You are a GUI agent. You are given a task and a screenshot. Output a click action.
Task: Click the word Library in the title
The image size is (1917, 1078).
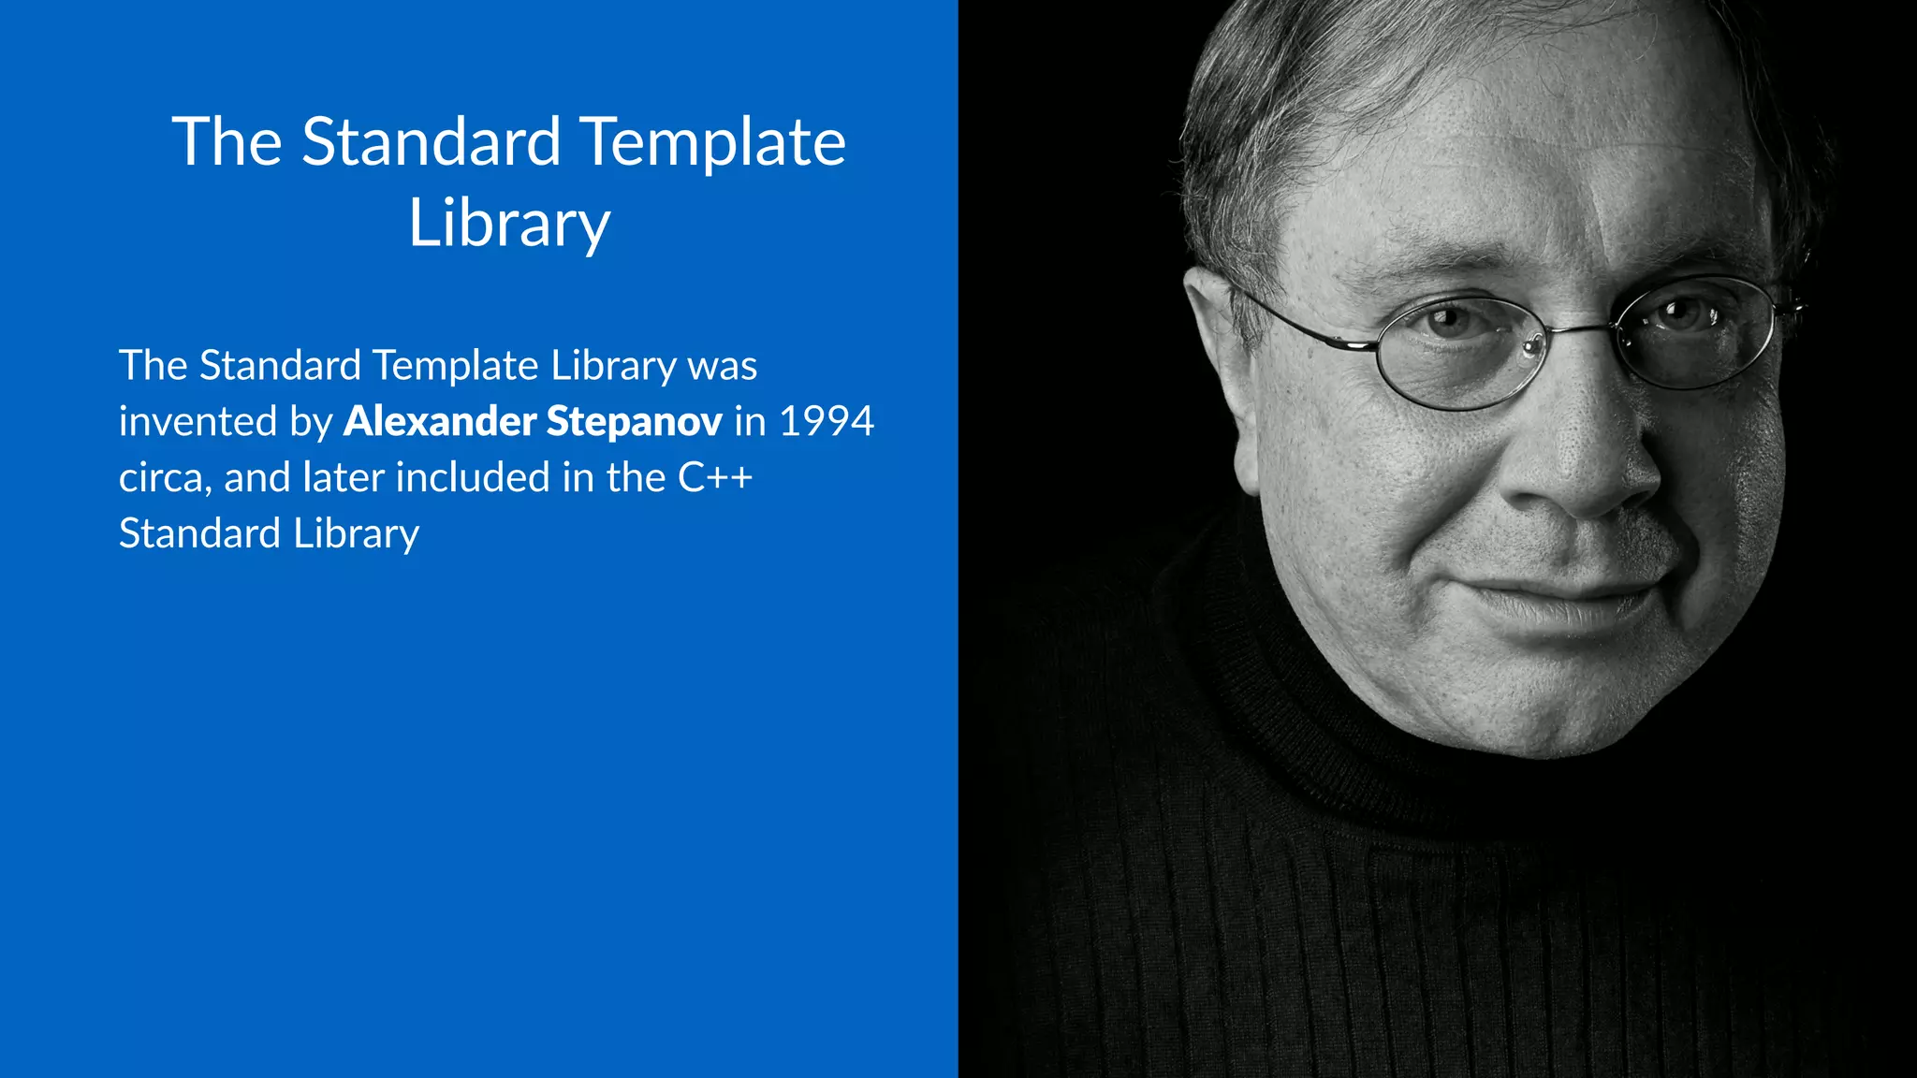pos(509,225)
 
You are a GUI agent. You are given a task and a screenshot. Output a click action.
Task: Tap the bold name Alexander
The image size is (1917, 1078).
pos(439,421)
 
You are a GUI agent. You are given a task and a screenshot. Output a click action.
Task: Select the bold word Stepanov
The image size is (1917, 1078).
pos(634,421)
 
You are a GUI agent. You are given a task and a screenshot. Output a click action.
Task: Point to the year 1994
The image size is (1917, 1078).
pos(827,421)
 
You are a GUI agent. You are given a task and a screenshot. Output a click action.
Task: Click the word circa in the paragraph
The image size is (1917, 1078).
pos(160,478)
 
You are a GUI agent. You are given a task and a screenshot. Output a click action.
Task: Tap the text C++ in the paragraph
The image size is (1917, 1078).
pos(715,477)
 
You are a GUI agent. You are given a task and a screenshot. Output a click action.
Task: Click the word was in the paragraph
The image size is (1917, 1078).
pos(722,365)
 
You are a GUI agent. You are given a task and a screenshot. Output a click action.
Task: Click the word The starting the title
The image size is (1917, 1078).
pos(227,142)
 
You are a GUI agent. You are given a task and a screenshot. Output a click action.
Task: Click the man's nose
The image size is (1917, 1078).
pos(1582,459)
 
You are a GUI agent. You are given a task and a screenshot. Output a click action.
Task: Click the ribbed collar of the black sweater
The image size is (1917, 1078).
pos(1310,711)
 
